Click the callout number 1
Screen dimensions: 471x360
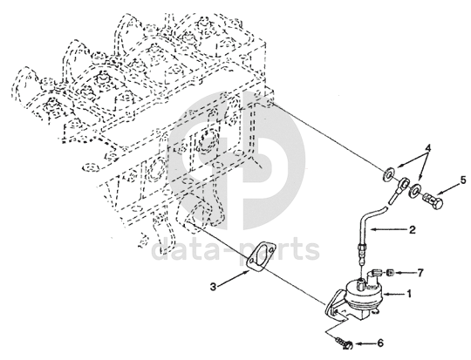tap(408, 294)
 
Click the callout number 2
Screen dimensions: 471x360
tap(412, 230)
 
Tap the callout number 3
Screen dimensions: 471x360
tap(213, 287)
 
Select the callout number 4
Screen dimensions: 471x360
tap(428, 148)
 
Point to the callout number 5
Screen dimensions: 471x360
tap(463, 180)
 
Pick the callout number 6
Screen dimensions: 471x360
tap(380, 343)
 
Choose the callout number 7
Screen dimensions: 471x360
tap(420, 273)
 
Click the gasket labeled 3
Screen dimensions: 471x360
tap(261, 257)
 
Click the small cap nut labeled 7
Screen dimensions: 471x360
tap(390, 273)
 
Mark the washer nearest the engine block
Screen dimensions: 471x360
tap(388, 173)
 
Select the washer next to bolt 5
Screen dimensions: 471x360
tap(415, 190)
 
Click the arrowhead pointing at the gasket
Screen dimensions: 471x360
tap(247, 272)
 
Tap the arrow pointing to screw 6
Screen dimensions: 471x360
tap(365, 343)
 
